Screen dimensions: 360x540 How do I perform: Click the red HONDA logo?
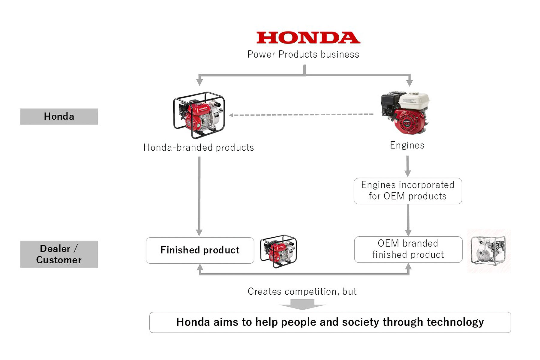tap(308, 38)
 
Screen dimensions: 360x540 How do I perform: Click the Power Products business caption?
tap(303, 54)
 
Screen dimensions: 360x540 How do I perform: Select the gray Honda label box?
tap(59, 116)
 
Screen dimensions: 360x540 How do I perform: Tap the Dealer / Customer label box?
tap(59, 254)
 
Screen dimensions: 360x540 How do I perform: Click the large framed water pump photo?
tap(199, 115)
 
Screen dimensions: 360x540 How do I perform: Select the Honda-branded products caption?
tap(199, 148)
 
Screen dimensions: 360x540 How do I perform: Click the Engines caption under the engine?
tap(407, 145)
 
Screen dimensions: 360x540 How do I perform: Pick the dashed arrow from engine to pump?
tap(301, 115)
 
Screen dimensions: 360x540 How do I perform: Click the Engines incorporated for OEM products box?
tap(408, 191)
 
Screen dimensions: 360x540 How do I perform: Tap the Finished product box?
tap(200, 250)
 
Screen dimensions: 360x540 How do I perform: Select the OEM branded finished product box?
tap(408, 249)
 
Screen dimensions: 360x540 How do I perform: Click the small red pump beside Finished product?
tap(278, 251)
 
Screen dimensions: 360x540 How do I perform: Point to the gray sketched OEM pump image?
tap(488, 250)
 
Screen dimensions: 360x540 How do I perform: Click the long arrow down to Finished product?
tap(199, 195)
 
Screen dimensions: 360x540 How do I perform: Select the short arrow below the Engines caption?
tap(407, 166)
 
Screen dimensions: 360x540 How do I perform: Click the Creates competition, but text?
tap(302, 292)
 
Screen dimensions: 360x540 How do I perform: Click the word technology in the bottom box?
tap(455, 322)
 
